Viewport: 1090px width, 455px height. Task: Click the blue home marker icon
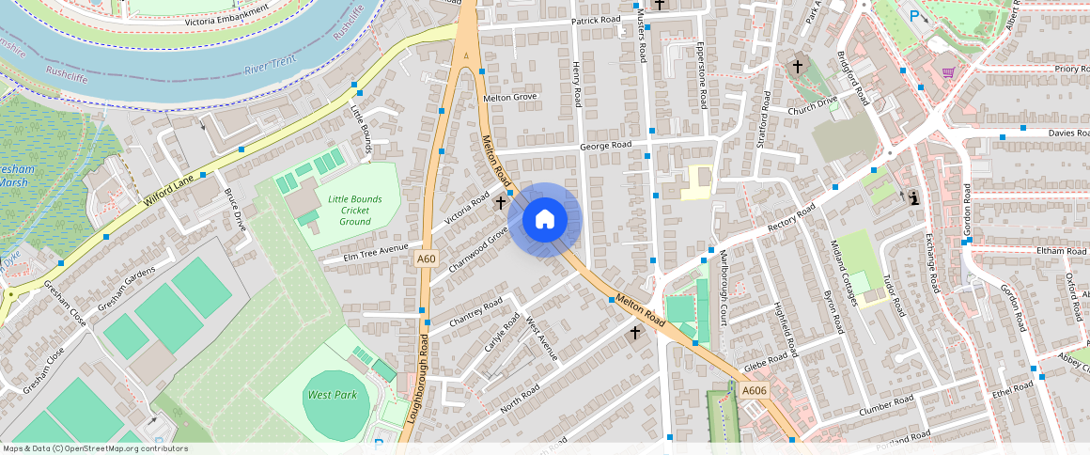544,220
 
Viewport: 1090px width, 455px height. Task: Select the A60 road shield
427,259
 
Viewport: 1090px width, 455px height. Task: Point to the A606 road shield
754,390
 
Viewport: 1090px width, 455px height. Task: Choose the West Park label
333,395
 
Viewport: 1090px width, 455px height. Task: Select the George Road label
605,146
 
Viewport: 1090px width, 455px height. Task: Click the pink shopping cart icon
948,71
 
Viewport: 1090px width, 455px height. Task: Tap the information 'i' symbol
912,197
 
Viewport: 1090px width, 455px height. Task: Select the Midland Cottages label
843,273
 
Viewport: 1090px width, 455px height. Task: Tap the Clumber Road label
886,406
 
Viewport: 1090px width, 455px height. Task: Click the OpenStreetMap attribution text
96,448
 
